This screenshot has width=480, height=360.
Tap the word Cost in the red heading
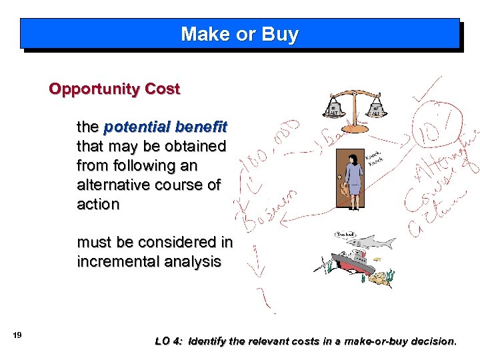pyautogui.click(x=163, y=89)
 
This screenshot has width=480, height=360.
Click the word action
pyautogui.click(x=98, y=205)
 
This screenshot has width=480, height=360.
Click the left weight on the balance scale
pyautogui.click(x=333, y=109)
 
